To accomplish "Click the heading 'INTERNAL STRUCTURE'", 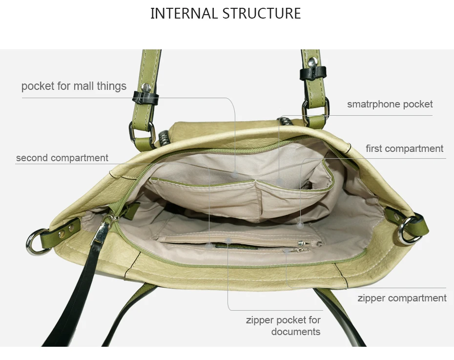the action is coord(226,13).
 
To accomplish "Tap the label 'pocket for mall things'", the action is coord(74,86).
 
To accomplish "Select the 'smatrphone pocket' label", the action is coord(390,104).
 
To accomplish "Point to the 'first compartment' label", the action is coord(405,148).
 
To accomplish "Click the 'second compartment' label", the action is coord(62,158).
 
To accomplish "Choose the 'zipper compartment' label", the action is coord(402,298).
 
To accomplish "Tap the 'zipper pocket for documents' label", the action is coord(283,326).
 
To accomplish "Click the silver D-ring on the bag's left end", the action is coord(34,242).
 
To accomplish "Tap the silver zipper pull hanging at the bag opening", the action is coord(101,230).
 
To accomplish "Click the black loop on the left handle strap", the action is coord(145,98).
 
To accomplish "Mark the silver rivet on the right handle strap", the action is coord(313,62).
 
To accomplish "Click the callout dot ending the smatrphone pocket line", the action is coord(279,182).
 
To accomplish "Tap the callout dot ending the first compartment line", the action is coord(300,225).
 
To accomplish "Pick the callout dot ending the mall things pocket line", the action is coord(235,175).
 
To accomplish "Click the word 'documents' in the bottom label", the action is coord(296,332).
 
